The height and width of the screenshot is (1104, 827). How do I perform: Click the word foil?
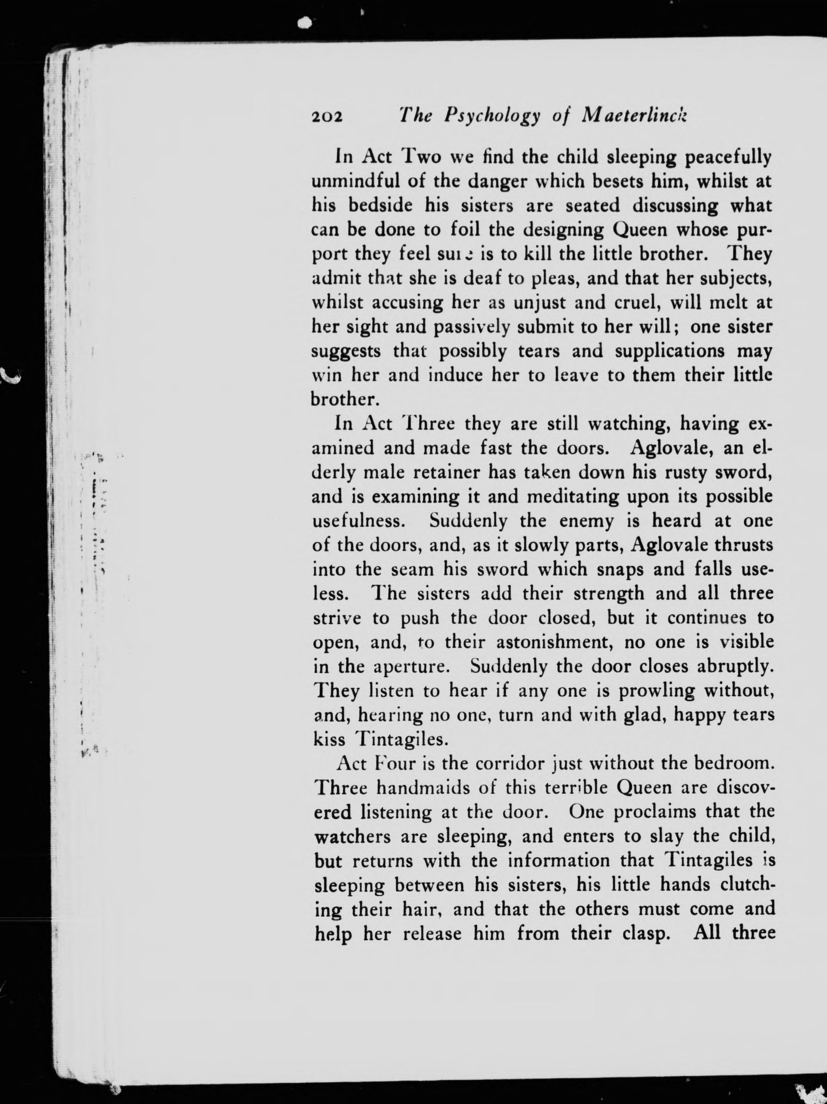tap(466, 230)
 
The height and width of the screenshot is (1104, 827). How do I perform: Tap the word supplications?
tap(670, 351)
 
